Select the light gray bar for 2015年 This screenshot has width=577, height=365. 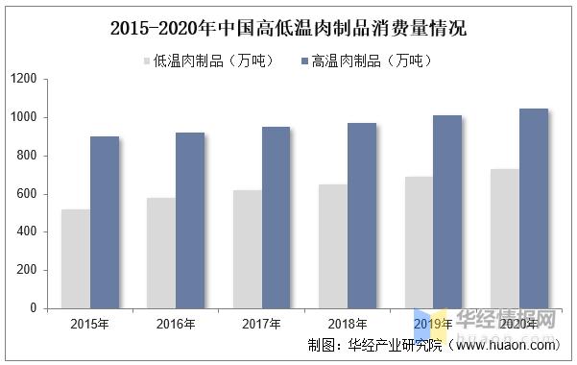[76, 258]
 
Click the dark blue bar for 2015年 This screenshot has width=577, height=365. [105, 222]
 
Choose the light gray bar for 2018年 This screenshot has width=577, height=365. [332, 246]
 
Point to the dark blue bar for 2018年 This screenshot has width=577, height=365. [362, 215]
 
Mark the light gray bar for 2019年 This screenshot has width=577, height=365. [419, 242]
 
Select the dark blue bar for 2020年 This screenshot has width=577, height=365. [533, 208]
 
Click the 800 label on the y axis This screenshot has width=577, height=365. [27, 156]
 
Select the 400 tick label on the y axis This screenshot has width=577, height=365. [27, 231]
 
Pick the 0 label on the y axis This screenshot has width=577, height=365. [34, 308]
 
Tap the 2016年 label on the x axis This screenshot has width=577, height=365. [176, 325]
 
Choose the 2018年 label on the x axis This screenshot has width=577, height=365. [347, 325]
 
